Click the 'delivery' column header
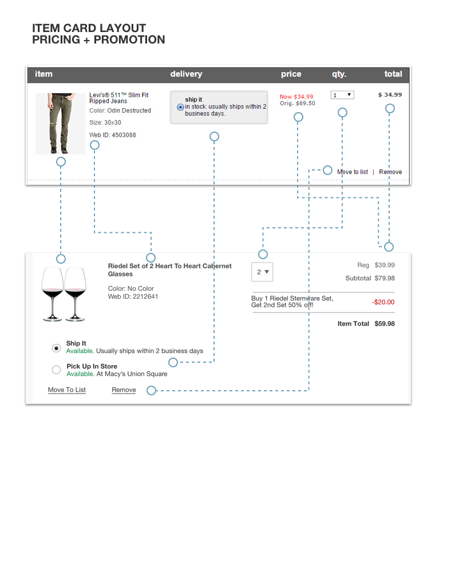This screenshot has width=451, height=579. click(186, 74)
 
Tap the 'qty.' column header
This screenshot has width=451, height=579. click(339, 74)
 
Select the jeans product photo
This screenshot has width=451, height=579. click(60, 124)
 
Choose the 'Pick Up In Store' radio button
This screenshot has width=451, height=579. click(56, 370)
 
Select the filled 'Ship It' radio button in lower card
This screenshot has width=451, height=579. click(56, 347)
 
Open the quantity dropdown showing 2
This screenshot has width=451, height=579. click(262, 272)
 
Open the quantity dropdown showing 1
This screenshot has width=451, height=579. click(342, 95)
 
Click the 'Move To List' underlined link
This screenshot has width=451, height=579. click(67, 390)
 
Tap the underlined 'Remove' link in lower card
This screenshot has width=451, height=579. click(124, 390)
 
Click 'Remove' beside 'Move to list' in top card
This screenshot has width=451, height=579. click(390, 172)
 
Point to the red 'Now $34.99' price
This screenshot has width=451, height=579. click(296, 97)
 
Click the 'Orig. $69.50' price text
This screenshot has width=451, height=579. click(297, 104)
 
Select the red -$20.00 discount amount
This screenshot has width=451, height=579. click(383, 302)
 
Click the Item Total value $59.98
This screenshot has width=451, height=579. click(385, 324)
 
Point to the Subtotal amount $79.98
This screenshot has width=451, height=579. click(385, 279)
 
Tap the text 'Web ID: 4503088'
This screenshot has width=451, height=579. click(113, 136)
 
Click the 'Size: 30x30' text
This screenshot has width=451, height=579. click(105, 123)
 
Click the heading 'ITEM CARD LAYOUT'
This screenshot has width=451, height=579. click(89, 28)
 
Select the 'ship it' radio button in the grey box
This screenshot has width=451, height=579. click(181, 107)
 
